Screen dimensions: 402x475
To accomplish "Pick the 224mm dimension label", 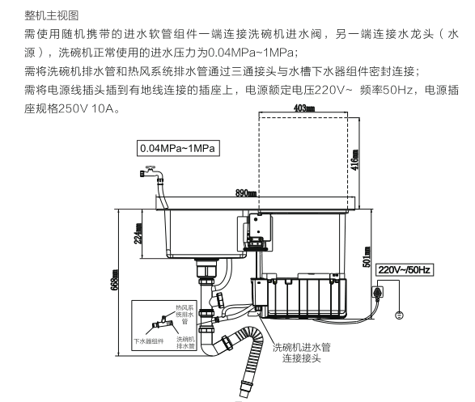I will click(116, 235).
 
